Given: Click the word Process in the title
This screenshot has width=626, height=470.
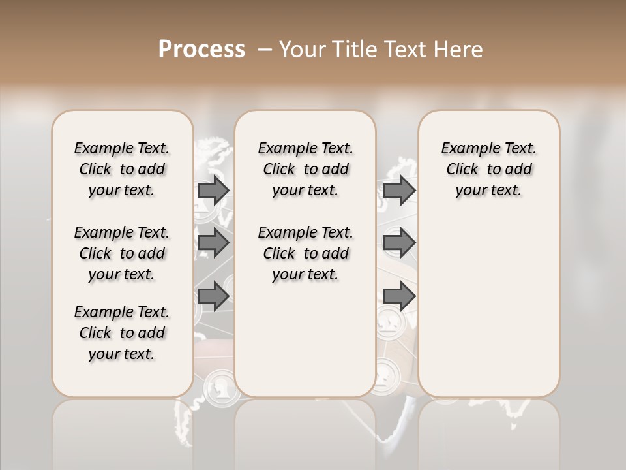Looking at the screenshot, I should (201, 50).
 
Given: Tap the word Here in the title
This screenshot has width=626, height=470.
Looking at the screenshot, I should (457, 50).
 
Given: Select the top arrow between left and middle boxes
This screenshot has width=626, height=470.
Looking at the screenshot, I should (213, 191).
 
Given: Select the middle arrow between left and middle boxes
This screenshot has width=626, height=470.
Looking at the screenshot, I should (213, 243).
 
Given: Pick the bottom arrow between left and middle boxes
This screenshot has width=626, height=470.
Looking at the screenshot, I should (213, 296).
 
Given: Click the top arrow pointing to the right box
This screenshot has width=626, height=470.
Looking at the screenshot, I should (399, 191).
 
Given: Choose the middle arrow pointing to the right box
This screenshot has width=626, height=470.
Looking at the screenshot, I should (399, 243).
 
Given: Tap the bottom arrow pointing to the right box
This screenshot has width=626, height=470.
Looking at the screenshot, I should (399, 296).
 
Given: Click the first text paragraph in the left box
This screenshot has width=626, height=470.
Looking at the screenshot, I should (122, 169).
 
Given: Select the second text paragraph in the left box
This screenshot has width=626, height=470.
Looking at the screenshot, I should (122, 253).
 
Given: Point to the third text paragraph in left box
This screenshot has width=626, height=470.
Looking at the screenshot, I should (122, 333).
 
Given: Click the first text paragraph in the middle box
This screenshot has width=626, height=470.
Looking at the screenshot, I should (305, 169).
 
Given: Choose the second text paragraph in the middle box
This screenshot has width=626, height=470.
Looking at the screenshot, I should (305, 253).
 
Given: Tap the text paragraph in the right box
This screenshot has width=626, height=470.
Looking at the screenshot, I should (488, 169).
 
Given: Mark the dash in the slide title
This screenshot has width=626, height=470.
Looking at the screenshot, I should (265, 50).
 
